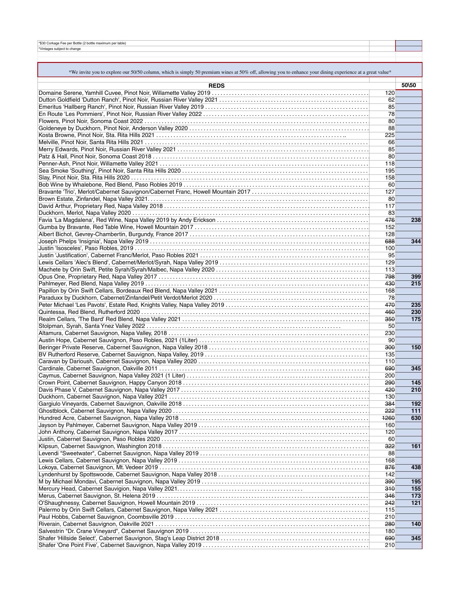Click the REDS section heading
pos(216,86)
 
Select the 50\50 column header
pos(409,86)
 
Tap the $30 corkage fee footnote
pos(82,43)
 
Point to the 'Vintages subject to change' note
pos(60,49)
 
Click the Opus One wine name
pos(98,277)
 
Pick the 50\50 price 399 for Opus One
pos(416,277)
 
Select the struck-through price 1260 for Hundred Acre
pos(388,418)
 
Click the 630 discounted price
pos(416,418)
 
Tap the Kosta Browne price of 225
pos(389,135)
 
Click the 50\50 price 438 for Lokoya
pos(416,467)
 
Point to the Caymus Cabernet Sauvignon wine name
pos(112,376)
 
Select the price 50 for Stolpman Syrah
pos(391,326)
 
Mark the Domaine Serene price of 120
pos(389,93)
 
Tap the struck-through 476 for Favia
pos(389,220)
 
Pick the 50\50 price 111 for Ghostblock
pos(416,411)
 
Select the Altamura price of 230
pos(389,333)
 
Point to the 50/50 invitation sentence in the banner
pos(230,72)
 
